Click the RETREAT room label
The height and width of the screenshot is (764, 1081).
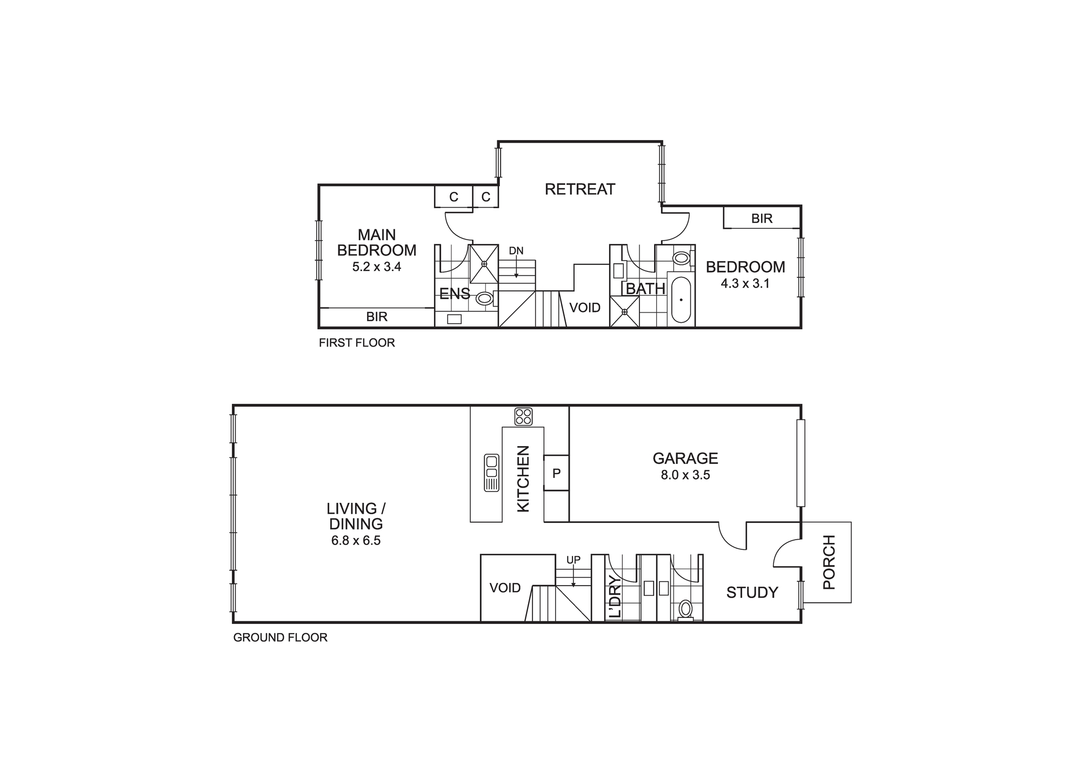579,189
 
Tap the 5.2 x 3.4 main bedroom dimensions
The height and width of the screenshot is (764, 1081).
377,267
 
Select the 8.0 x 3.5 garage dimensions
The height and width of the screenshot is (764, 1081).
685,475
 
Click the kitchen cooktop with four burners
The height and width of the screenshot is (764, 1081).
523,416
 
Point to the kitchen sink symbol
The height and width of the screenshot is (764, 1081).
491,473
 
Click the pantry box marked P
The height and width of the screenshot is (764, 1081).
556,473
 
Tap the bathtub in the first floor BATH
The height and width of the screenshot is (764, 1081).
681,300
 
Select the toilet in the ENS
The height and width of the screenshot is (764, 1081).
484,298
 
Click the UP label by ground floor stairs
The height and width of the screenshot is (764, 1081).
573,560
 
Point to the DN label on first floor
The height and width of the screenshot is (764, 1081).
516,251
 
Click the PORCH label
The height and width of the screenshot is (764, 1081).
829,562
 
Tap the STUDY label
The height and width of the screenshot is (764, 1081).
752,593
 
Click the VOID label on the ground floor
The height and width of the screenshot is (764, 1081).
505,588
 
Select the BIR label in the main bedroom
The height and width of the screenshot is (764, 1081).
377,317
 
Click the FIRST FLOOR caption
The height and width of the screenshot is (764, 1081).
357,343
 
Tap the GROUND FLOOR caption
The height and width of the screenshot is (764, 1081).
280,637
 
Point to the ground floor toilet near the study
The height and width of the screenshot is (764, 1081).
685,609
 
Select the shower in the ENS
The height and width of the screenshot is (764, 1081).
484,264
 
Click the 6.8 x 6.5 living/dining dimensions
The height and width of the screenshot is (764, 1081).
356,541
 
